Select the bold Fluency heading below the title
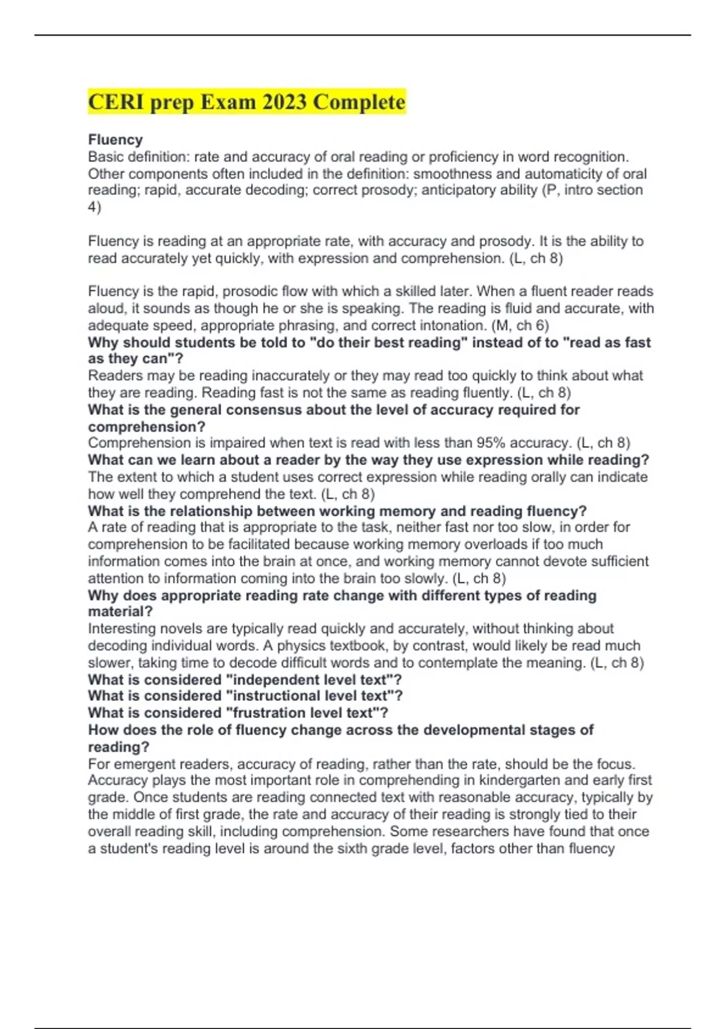tap(116, 140)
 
